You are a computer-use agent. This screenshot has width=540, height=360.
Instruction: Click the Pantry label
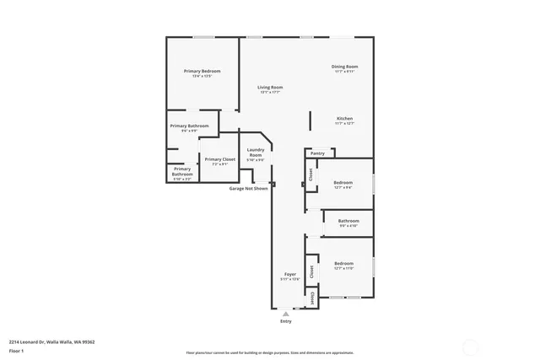click(317, 153)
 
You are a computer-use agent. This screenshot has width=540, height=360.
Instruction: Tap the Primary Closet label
click(219, 161)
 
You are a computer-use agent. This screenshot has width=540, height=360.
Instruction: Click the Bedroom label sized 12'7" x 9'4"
click(343, 185)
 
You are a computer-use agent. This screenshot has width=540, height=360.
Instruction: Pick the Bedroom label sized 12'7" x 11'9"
click(343, 266)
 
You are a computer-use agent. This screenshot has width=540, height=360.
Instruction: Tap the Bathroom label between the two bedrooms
click(348, 223)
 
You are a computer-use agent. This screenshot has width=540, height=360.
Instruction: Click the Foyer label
click(289, 277)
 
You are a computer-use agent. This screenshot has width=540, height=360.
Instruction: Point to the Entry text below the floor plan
click(286, 321)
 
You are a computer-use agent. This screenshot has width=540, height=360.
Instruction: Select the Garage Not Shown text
click(249, 188)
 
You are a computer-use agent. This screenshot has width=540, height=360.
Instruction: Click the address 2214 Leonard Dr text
click(51, 341)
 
